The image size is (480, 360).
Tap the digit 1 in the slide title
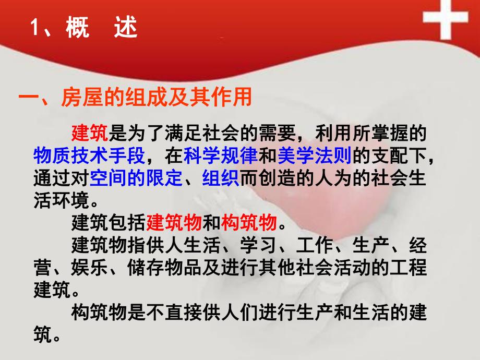[x=36, y=29]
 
